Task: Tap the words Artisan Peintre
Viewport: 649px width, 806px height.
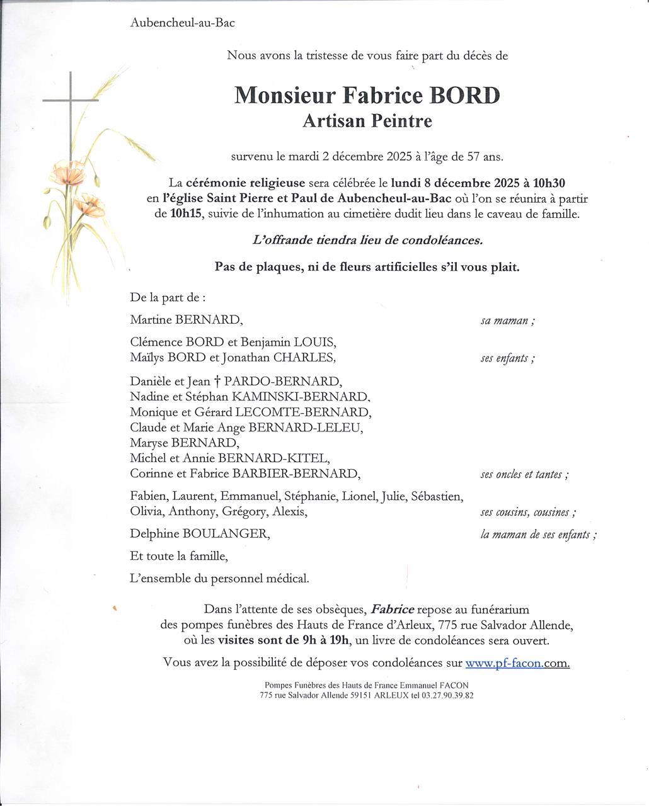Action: tap(367, 121)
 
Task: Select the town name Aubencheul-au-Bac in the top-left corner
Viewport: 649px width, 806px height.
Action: tap(182, 23)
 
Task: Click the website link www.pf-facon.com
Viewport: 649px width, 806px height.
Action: tap(517, 662)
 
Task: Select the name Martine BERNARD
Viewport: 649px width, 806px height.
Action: tap(186, 319)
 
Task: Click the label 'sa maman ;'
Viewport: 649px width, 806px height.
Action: tap(508, 321)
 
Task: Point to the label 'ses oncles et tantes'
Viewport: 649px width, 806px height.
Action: tap(522, 474)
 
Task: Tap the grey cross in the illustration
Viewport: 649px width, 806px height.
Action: tap(71, 100)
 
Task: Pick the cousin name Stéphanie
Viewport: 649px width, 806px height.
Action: tap(311, 496)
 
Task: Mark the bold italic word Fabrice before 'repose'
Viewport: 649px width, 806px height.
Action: tap(393, 609)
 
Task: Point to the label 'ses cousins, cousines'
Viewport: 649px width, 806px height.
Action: tap(527, 513)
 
